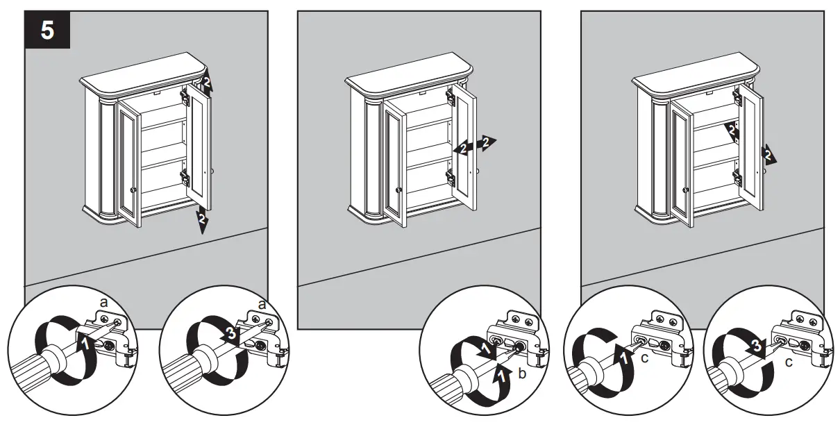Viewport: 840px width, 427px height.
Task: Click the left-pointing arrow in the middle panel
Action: pyautogui.click(x=462, y=148)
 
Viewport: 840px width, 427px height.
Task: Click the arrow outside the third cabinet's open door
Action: pyautogui.click(x=768, y=154)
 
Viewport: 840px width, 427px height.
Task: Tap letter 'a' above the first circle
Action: pyautogui.click(x=103, y=303)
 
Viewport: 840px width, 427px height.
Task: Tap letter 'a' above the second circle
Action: pyautogui.click(x=262, y=305)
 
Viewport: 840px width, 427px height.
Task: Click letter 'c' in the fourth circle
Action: pyautogui.click(x=645, y=358)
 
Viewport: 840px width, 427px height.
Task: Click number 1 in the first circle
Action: pyautogui.click(x=84, y=342)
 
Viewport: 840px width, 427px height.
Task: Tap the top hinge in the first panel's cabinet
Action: pyautogui.click(x=185, y=96)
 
